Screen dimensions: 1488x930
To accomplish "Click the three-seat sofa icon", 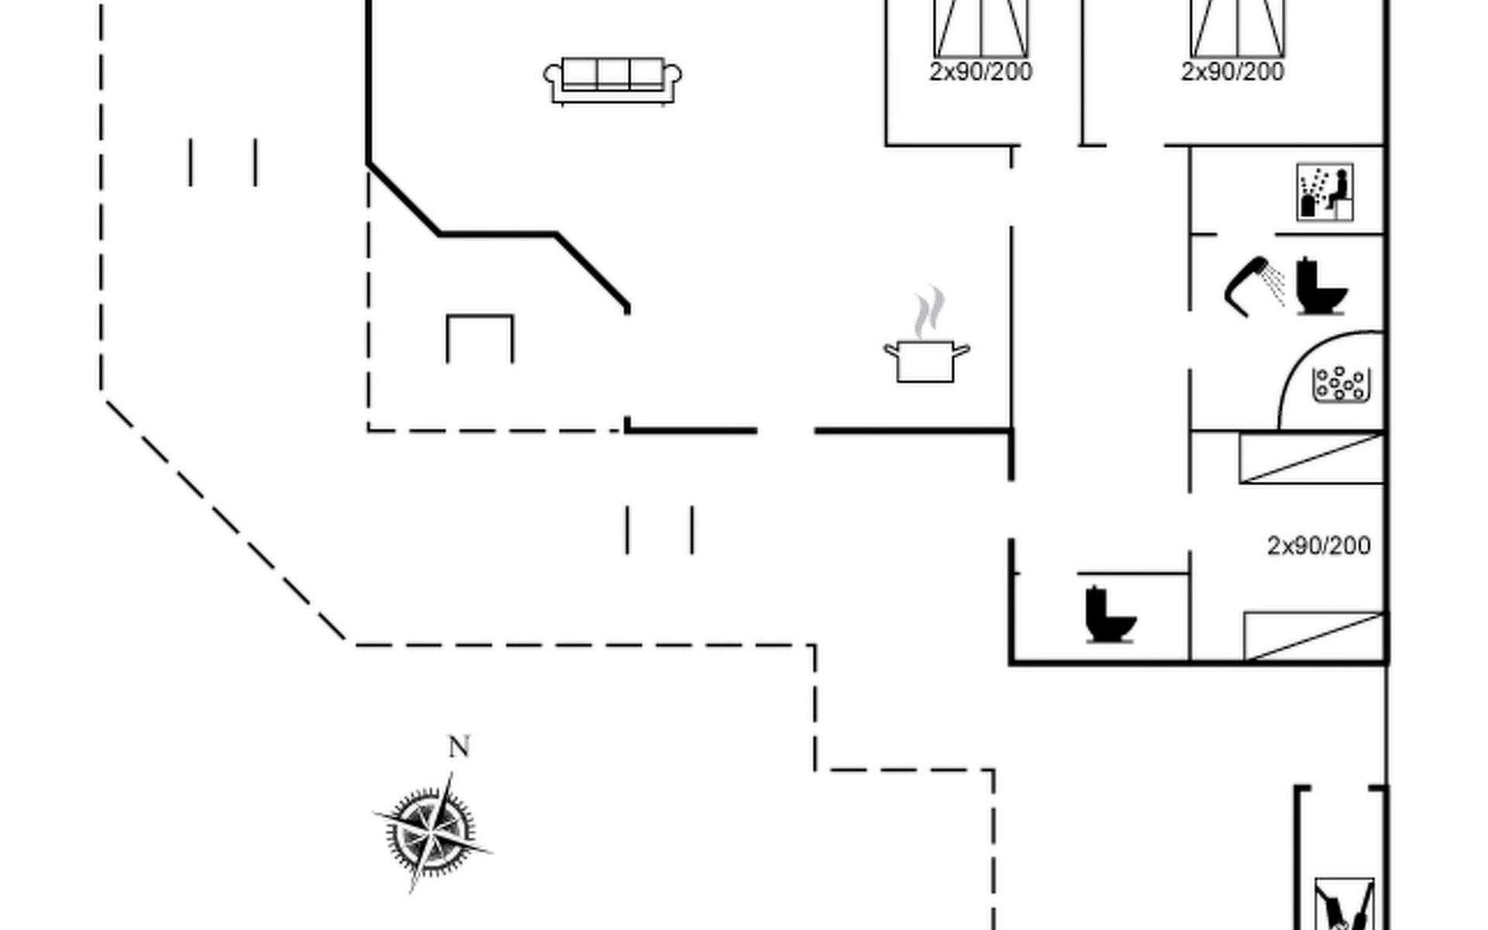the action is coord(612,81).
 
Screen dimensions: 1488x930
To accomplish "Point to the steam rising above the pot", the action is coord(928,312).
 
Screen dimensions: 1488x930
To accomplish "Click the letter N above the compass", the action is coord(459,747).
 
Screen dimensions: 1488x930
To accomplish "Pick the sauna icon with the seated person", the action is coord(1325,191).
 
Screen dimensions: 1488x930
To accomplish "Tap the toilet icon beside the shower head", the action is coord(1321,286).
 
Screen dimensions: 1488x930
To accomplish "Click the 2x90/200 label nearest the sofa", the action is coord(980,72).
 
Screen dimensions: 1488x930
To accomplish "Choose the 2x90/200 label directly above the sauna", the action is coord(1232,72).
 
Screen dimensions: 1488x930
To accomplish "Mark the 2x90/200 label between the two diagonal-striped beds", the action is coord(1318,546).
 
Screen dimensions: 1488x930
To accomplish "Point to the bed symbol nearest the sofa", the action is coord(981,29).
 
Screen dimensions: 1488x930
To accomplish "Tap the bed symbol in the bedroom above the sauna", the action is coord(1238,29).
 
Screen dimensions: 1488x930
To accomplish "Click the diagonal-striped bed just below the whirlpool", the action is coord(1311,458).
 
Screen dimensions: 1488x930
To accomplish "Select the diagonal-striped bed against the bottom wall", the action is coord(1314,636).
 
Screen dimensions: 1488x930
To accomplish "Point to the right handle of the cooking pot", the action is coord(961,352).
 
